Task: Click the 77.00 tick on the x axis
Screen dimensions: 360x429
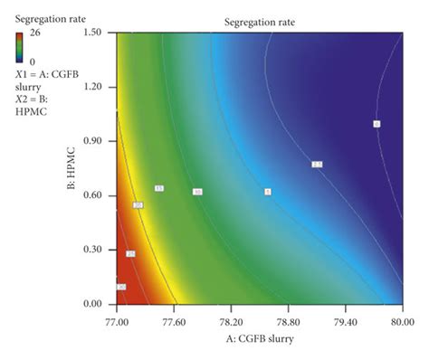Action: (117, 320)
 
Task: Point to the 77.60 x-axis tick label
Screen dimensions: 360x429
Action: (173, 320)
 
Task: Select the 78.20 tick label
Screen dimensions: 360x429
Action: (231, 320)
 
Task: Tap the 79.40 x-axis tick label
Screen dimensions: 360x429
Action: (345, 320)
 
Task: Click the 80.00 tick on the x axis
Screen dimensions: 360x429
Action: (402, 320)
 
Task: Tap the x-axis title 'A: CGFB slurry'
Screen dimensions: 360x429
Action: (259, 337)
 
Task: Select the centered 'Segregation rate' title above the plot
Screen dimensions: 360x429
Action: (258, 20)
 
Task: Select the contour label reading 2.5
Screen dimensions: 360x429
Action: (317, 165)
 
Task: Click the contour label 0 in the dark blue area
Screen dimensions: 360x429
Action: (377, 124)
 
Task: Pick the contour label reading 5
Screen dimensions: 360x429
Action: (268, 192)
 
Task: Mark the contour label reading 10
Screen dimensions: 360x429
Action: (197, 192)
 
